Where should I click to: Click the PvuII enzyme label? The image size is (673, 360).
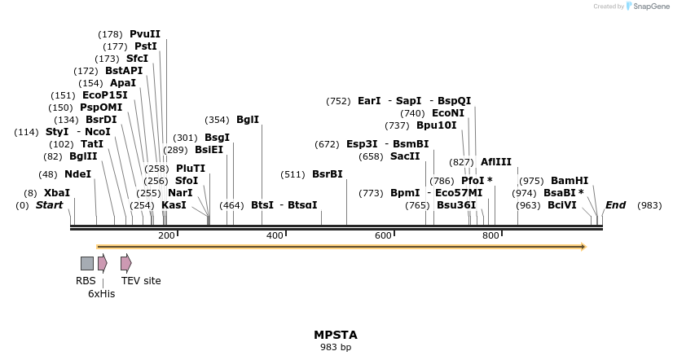point(145,34)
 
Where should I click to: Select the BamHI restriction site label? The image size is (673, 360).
point(570,181)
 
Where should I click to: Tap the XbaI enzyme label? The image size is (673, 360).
point(57,193)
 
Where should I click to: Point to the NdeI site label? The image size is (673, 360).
point(78,174)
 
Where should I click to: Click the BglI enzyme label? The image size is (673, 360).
point(248,120)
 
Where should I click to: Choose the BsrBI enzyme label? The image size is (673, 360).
point(327,174)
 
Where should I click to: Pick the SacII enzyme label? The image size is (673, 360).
point(405,156)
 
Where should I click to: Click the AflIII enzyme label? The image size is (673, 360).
point(496,162)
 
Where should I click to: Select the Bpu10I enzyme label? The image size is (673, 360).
point(437,125)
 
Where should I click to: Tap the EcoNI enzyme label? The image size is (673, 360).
point(448,113)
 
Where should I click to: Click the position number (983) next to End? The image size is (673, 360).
point(649,205)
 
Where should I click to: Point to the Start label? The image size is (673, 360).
point(50,205)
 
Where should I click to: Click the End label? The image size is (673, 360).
point(615,205)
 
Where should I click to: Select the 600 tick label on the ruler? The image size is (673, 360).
point(383,235)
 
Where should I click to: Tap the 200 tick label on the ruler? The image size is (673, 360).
point(166,235)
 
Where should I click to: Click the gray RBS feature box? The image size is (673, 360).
point(87,263)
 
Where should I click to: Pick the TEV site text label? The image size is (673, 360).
point(141,281)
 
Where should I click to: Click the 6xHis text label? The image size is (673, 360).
point(102,293)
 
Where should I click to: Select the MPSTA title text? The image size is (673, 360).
point(336,335)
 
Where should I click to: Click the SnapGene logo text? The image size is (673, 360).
point(648,7)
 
